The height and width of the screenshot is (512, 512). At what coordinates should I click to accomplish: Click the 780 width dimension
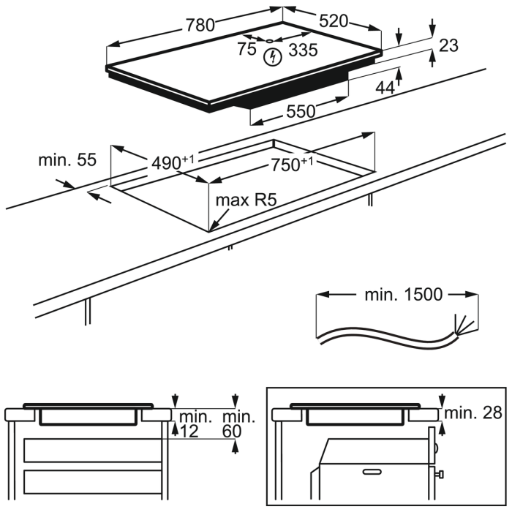(x=200, y=24)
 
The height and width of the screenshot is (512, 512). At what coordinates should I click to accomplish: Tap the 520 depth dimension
(x=334, y=20)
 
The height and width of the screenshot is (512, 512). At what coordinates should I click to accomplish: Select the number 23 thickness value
(x=448, y=45)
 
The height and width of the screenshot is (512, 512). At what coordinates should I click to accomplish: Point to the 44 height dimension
(x=385, y=87)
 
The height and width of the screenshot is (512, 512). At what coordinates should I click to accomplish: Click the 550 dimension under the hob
(x=300, y=111)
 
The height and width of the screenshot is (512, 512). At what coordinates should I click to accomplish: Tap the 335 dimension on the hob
(x=302, y=49)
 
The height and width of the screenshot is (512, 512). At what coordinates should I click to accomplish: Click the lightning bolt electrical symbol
(x=274, y=56)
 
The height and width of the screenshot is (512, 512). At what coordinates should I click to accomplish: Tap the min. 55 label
(x=67, y=160)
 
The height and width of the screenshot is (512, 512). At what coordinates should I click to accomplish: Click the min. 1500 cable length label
(x=403, y=295)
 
